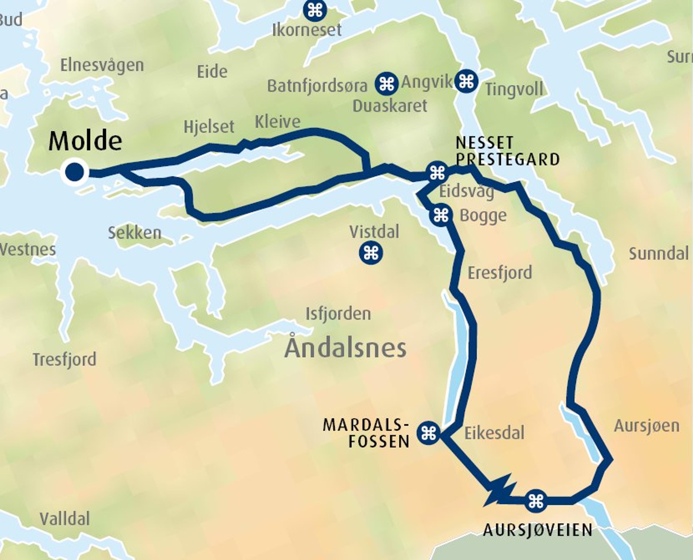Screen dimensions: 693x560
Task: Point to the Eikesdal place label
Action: (x=494, y=433)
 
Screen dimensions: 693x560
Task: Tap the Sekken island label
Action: (x=134, y=233)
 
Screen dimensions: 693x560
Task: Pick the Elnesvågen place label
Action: (x=102, y=65)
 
